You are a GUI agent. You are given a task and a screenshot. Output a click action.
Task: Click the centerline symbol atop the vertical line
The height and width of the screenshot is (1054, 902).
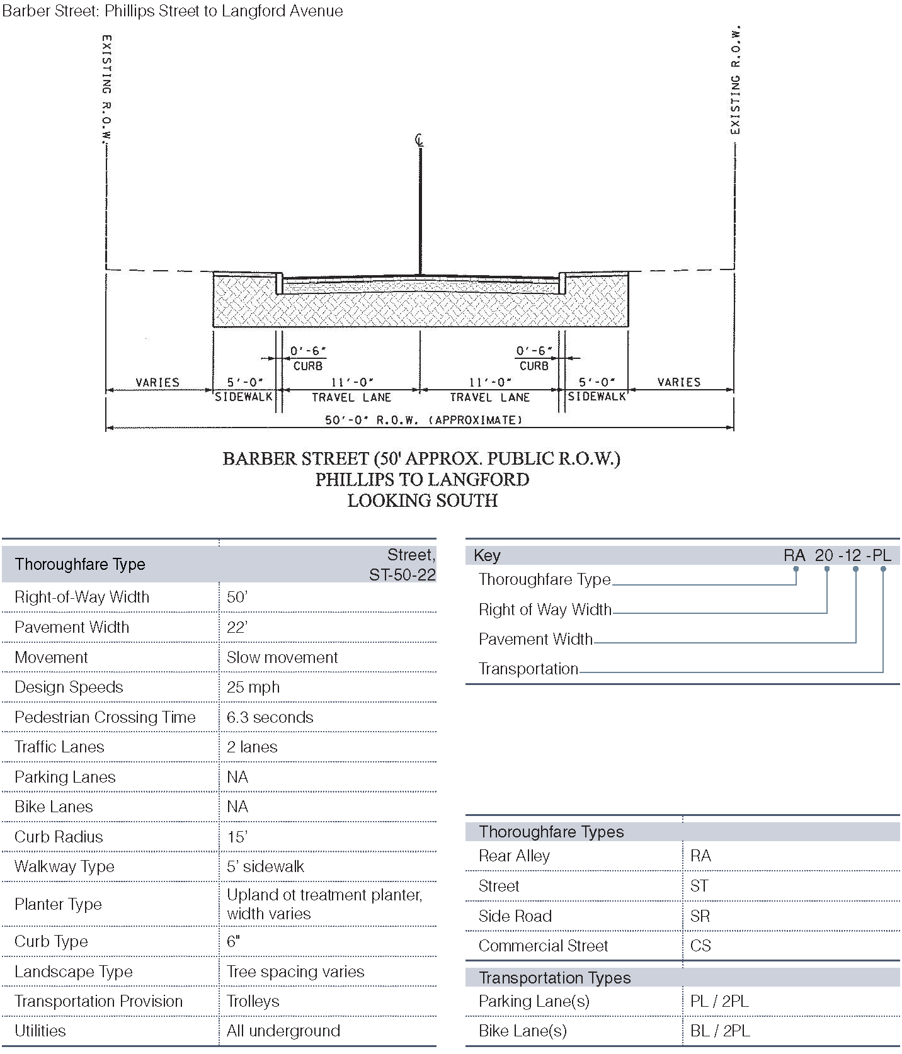click(x=420, y=140)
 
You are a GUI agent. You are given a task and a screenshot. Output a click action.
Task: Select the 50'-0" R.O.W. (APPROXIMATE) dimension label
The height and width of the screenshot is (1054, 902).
click(x=423, y=420)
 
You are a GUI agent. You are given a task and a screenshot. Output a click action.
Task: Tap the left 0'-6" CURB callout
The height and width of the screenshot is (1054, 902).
click(x=308, y=358)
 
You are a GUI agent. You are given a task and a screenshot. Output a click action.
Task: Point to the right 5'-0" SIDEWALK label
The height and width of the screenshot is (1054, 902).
click(x=597, y=389)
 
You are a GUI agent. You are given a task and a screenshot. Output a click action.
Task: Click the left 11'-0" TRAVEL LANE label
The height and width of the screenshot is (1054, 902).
click(x=351, y=390)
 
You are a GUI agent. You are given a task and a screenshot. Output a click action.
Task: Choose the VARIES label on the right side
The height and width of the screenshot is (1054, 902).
click(x=678, y=382)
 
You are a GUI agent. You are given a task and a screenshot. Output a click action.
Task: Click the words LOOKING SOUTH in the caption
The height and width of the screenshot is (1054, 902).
click(x=423, y=501)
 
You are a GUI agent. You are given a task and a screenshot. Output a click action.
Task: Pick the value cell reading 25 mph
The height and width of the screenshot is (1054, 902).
click(x=253, y=687)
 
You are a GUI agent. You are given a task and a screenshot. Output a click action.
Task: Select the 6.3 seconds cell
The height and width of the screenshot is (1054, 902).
click(x=270, y=717)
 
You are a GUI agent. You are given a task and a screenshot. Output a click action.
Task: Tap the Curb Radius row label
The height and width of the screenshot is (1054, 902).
click(x=59, y=837)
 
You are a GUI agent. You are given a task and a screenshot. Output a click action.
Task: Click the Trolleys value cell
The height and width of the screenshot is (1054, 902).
click(x=253, y=1001)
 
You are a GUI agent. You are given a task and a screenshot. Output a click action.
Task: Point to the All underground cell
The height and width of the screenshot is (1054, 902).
click(x=283, y=1031)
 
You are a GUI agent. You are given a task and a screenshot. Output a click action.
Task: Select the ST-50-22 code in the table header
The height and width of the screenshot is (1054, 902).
click(x=402, y=575)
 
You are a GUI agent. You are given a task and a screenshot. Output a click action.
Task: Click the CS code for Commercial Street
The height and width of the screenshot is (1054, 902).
click(x=700, y=946)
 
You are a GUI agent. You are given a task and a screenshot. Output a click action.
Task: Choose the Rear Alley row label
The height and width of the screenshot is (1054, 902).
click(x=514, y=856)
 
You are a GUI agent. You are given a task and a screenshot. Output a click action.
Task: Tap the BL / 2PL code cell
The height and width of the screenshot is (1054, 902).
click(x=720, y=1031)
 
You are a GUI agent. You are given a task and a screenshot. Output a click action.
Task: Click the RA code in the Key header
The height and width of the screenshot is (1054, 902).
click(x=794, y=555)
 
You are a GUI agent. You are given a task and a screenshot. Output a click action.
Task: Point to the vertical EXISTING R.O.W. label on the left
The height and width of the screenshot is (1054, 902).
click(x=107, y=88)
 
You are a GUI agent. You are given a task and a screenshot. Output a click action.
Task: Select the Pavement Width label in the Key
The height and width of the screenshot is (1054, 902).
click(x=535, y=639)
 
